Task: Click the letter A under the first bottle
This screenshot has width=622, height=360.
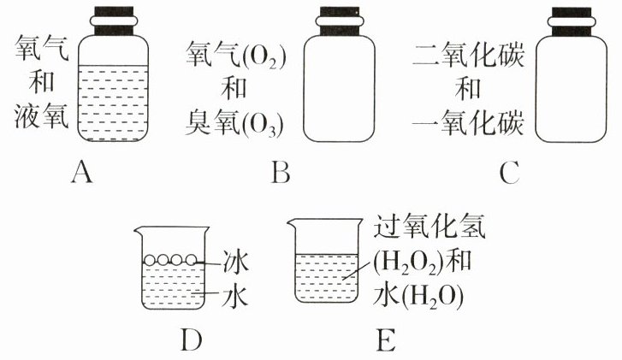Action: (x=82, y=174)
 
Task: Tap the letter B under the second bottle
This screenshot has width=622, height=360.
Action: (x=280, y=174)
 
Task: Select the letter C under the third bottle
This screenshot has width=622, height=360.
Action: (x=510, y=174)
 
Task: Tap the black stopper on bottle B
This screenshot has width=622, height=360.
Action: (x=346, y=19)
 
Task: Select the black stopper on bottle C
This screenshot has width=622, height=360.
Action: (x=574, y=19)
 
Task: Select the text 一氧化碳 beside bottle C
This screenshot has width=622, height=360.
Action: (x=467, y=125)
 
